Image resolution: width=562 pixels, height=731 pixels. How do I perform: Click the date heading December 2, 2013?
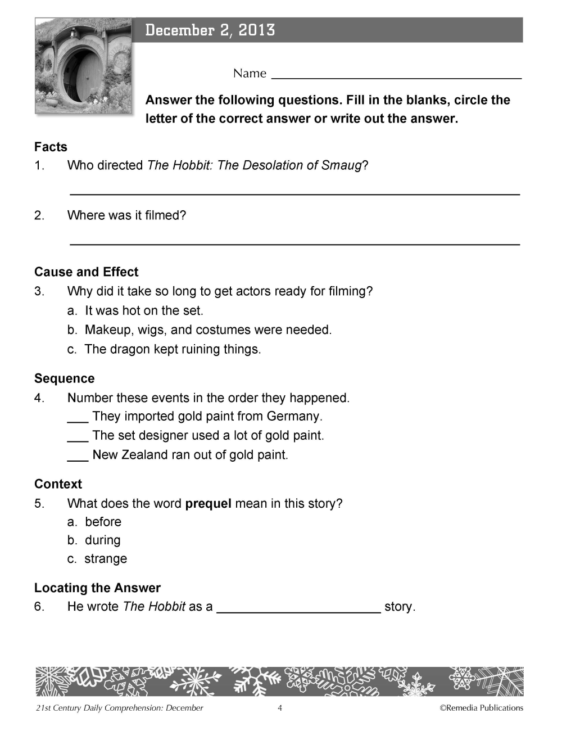click(210, 30)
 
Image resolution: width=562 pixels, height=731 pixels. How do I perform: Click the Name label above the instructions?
click(250, 74)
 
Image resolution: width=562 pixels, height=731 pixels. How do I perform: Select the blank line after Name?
click(396, 76)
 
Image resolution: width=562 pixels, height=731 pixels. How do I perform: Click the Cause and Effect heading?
click(86, 272)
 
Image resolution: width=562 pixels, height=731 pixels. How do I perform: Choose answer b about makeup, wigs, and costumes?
click(200, 330)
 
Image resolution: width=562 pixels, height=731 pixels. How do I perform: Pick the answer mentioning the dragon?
click(164, 349)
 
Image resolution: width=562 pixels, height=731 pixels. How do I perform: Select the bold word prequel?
click(208, 503)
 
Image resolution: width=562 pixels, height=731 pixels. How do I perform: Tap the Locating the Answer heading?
click(97, 588)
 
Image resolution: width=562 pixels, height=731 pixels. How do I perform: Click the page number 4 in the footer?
click(280, 708)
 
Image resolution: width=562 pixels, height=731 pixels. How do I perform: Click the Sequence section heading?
click(64, 378)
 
